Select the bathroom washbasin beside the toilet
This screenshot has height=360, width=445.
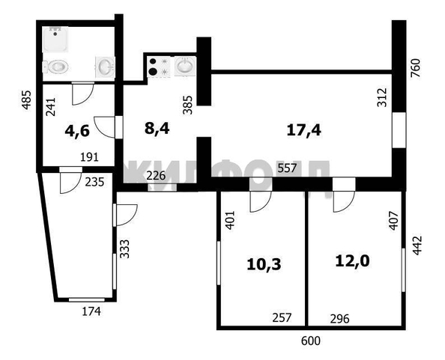click(x=104, y=67)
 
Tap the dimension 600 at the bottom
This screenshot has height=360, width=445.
click(x=310, y=341)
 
